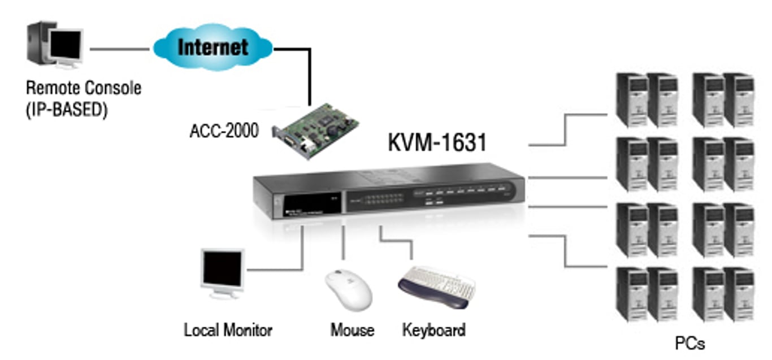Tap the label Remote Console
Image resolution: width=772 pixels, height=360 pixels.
coord(84,89)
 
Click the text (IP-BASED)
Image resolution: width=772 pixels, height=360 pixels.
coord(66,109)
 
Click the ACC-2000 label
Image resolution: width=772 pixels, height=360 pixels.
coord(224,132)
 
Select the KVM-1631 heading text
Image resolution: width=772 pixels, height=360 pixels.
coord(437,142)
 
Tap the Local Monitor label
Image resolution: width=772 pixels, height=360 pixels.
coord(228,329)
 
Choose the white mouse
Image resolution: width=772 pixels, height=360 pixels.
coord(348,288)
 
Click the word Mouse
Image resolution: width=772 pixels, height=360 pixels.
coord(352,329)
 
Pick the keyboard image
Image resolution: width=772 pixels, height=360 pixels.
coord(437,285)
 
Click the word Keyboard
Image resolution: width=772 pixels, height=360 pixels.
coord(433,329)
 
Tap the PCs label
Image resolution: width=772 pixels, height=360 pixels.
coord(690,342)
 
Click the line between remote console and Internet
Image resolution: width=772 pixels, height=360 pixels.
coord(119,49)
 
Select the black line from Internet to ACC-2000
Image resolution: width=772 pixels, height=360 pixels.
coord(310,73)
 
